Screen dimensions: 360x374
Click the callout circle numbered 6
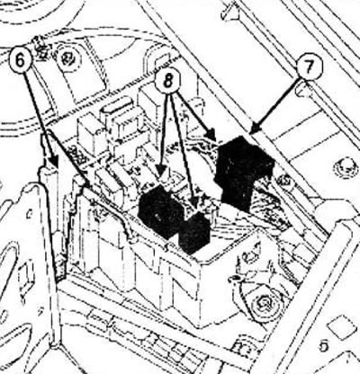tap(20, 61)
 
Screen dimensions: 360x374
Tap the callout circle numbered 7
tap(310, 68)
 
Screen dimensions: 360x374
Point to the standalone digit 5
tap(324, 346)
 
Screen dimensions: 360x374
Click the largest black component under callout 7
tap(244, 171)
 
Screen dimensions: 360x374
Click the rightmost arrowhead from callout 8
tap(211, 134)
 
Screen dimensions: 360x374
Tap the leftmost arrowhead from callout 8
tap(161, 172)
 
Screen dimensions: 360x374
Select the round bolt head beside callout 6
tap(68, 57)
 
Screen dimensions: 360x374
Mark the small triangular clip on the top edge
tap(230, 13)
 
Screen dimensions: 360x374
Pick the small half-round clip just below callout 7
tap(303, 90)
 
